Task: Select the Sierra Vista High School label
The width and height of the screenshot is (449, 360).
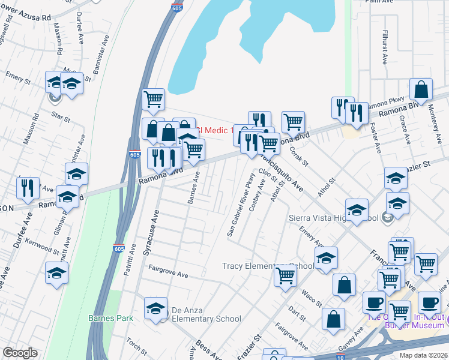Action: click(x=333, y=218)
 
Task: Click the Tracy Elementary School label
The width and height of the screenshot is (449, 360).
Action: click(x=268, y=266)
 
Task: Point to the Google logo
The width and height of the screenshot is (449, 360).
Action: click(x=20, y=353)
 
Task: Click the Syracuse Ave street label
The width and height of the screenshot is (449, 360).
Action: click(x=151, y=233)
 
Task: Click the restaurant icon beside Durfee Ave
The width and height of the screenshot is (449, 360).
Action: click(x=28, y=187)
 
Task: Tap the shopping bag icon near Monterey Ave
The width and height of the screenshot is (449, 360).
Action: click(x=421, y=89)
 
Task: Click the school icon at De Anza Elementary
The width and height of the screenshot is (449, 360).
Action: click(x=155, y=308)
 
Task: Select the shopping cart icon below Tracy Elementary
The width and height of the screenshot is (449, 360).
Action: click(x=286, y=275)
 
